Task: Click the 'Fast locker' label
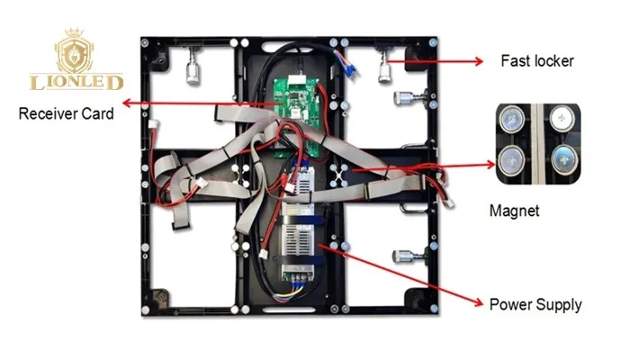pyautogui.click(x=536, y=62)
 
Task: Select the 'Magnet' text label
pyautogui.click(x=513, y=211)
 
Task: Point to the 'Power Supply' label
pyautogui.click(x=535, y=305)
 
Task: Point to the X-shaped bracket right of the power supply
pyautogui.click(x=341, y=175)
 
